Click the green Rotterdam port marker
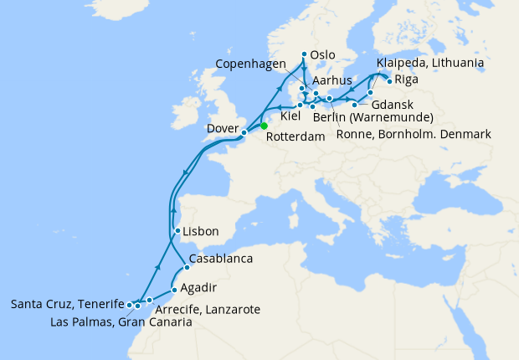pos(264,126)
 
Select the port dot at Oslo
pos(303,54)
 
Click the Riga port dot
pos(389,81)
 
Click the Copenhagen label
pos(250,64)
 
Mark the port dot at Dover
pos(244,132)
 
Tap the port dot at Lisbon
pos(177,231)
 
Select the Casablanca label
pos(221,259)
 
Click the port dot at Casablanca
pos(187,267)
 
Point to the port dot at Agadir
pos(173,291)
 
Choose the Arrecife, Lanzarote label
pos(213,309)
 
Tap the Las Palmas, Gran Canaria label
pos(121,322)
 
